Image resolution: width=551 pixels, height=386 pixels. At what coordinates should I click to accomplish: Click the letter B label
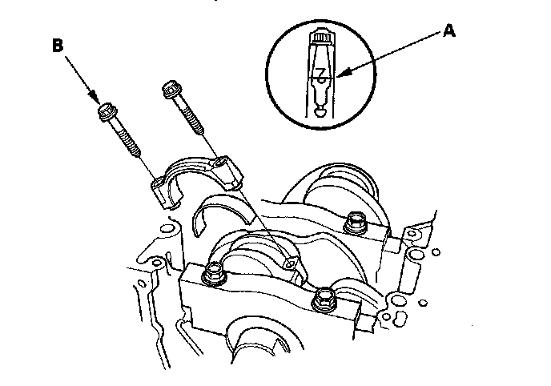point(58,46)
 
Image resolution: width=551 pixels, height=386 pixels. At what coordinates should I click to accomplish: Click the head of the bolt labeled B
point(107,113)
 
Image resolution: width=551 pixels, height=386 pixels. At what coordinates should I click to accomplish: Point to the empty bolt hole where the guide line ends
point(289,265)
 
